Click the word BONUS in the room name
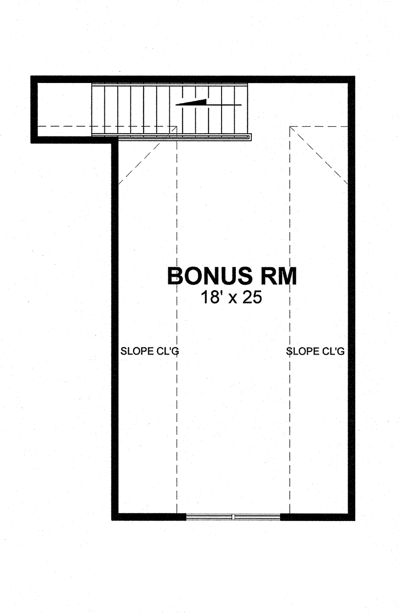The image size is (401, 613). point(209,276)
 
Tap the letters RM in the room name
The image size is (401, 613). point(279,276)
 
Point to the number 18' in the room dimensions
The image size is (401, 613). point(212,298)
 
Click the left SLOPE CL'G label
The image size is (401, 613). point(149,351)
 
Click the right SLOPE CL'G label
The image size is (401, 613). point(316,351)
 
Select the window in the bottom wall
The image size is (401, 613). point(233,517)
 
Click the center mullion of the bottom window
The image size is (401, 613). point(233,517)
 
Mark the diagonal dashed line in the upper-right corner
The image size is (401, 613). point(319,155)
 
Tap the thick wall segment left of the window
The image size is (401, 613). point(149,517)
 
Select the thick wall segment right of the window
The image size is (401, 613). point(318,517)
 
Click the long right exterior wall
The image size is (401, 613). point(351,298)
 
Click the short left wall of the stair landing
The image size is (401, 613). point(34,109)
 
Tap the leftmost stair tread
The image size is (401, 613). point(98,109)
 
